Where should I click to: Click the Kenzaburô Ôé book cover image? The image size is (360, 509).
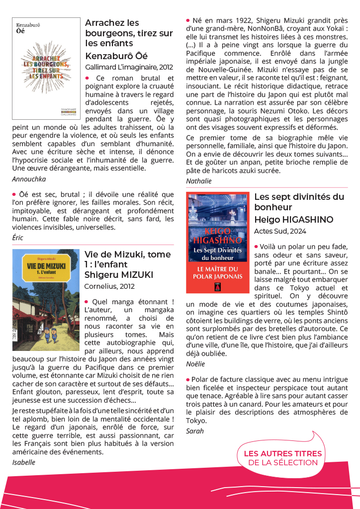point(46,69)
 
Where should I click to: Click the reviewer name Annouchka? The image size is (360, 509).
point(28,179)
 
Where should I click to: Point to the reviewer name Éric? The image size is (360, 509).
point(18,238)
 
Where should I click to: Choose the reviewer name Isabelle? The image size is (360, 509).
point(24,462)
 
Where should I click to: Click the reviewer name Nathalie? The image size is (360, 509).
point(199,181)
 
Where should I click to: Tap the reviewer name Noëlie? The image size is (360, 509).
point(195,364)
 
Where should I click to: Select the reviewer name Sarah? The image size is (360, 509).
point(195,430)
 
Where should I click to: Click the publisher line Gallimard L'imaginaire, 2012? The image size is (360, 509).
point(129,67)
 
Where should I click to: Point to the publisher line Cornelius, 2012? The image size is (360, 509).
point(109,286)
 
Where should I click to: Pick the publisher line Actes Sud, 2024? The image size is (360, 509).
point(280,231)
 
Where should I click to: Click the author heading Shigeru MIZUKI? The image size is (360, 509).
point(119,275)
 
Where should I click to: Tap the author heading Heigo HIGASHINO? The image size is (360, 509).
point(294,219)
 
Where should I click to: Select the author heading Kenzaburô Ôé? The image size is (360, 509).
point(116,56)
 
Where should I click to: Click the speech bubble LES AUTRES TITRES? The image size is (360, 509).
point(282,458)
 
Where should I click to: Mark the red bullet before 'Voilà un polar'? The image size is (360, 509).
point(256,246)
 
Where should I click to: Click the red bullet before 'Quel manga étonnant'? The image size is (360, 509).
point(87,301)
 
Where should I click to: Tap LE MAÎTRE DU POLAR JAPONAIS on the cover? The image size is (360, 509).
point(217,273)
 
